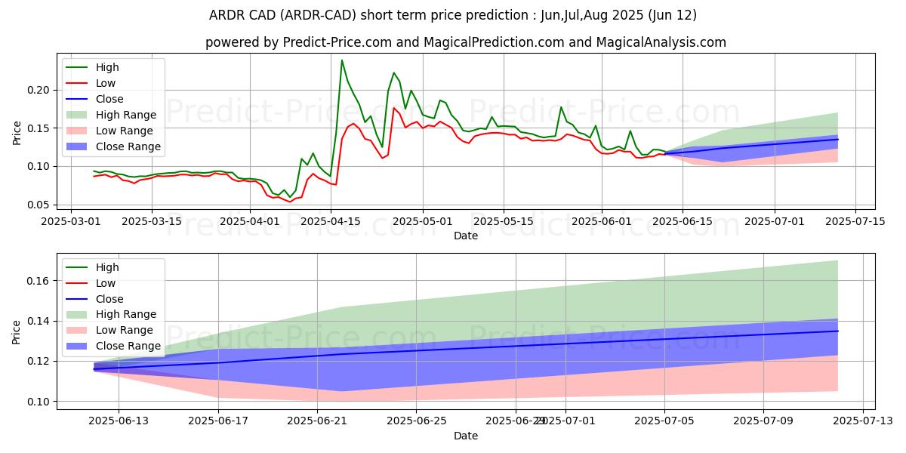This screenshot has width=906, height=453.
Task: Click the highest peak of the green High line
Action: click(342, 60)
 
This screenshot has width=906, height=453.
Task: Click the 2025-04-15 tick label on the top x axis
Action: click(331, 221)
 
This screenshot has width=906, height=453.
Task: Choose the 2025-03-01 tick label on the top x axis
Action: click(71, 221)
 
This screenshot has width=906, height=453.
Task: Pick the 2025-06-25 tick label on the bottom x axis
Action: click(417, 421)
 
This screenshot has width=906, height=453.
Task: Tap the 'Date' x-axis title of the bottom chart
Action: click(466, 436)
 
